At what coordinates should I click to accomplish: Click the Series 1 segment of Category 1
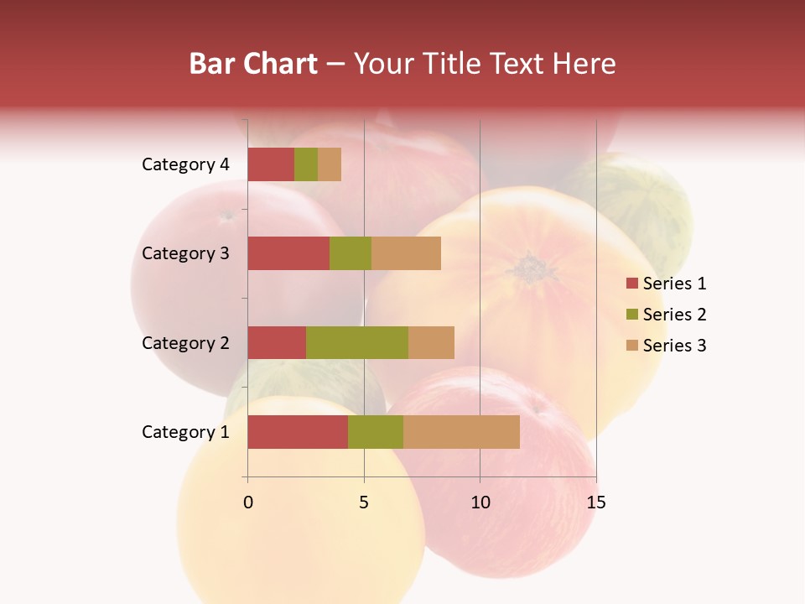coord(298,432)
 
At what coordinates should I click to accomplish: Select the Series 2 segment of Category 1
coord(376,432)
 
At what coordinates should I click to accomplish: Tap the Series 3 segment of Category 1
coord(461,432)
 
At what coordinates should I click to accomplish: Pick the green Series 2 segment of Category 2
coord(357,342)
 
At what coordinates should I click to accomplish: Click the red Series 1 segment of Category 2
coord(277,342)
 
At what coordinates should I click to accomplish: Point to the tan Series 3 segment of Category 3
coord(406,253)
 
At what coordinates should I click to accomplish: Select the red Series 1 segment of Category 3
coord(288,253)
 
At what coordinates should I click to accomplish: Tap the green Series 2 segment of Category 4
coord(306,164)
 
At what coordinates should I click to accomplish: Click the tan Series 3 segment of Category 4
coord(330,164)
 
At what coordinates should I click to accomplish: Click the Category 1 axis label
coord(185,432)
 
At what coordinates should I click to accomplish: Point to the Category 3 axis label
coord(185,253)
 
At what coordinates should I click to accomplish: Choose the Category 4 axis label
coord(185,164)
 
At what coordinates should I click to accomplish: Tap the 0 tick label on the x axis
coord(248,502)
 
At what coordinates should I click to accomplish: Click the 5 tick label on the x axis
coord(364,502)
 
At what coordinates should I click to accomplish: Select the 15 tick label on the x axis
coord(596,502)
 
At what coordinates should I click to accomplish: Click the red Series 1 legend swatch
coord(631,284)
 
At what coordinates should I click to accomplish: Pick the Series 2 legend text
coord(675,315)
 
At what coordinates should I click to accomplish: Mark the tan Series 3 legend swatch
coord(631,346)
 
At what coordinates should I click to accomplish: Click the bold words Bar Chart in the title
coord(253,64)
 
